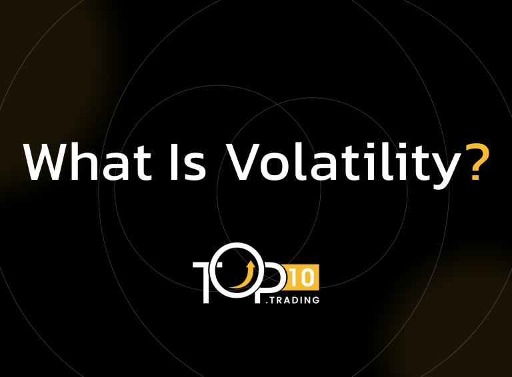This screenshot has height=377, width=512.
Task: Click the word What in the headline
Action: [87, 161]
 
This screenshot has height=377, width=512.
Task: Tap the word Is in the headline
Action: [188, 162]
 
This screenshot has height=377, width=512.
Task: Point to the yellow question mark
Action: [477, 161]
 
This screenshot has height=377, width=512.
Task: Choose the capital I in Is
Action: [173, 162]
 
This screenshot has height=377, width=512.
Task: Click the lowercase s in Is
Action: [195, 167]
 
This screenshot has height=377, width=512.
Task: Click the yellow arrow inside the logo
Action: [243, 274]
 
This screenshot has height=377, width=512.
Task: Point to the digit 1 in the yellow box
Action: [293, 278]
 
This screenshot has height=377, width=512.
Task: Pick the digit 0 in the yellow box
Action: [307, 278]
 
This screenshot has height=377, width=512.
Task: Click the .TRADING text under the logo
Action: [293, 300]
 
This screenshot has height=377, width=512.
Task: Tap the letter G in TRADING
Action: [316, 300]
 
